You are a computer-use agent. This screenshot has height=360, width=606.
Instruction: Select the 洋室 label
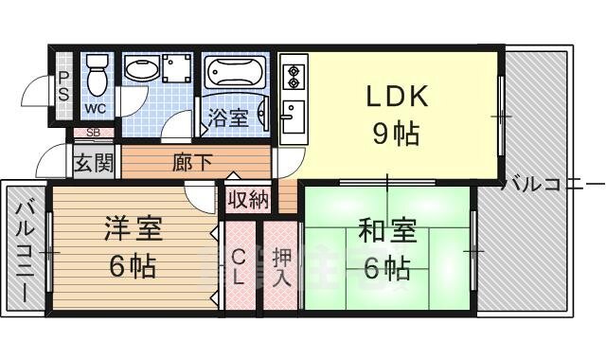click(133, 229)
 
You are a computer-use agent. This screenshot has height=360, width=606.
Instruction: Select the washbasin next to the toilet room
click(143, 72)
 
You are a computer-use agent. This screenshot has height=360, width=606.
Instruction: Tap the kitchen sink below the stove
click(292, 117)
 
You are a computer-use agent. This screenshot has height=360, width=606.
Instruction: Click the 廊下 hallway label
click(192, 162)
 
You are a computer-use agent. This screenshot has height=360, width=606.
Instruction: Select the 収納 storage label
click(248, 200)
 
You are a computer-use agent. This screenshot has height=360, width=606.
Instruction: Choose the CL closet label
click(240, 267)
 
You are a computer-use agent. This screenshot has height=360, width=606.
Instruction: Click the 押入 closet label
click(281, 267)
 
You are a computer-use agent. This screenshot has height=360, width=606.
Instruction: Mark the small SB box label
click(94, 133)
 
